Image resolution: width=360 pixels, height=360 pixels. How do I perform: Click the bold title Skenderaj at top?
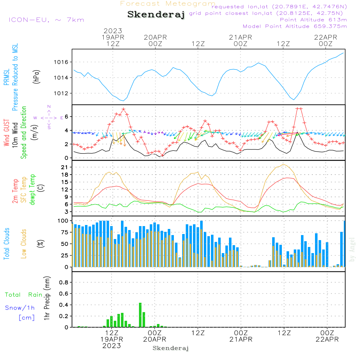(156, 14)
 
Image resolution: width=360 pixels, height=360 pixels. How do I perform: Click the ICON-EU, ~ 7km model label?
(46, 20)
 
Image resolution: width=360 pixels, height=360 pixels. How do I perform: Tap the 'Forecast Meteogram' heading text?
(168, 4)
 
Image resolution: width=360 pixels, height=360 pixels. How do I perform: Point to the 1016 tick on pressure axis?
(61, 62)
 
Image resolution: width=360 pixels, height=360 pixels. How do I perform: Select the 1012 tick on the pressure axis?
(61, 93)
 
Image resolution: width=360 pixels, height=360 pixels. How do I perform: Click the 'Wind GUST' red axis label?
(6, 133)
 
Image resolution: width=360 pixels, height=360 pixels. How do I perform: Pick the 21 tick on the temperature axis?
(64, 167)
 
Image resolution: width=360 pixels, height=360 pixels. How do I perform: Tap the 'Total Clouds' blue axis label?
(6, 244)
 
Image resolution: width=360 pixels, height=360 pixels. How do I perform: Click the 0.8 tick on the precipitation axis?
(63, 282)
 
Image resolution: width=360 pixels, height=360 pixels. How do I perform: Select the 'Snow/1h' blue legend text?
(20, 308)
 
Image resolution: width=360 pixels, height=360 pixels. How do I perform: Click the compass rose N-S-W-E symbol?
(49, 117)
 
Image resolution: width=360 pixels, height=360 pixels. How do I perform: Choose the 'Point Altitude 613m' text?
(313, 19)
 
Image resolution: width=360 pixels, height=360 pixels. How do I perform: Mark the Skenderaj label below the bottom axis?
(171, 348)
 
